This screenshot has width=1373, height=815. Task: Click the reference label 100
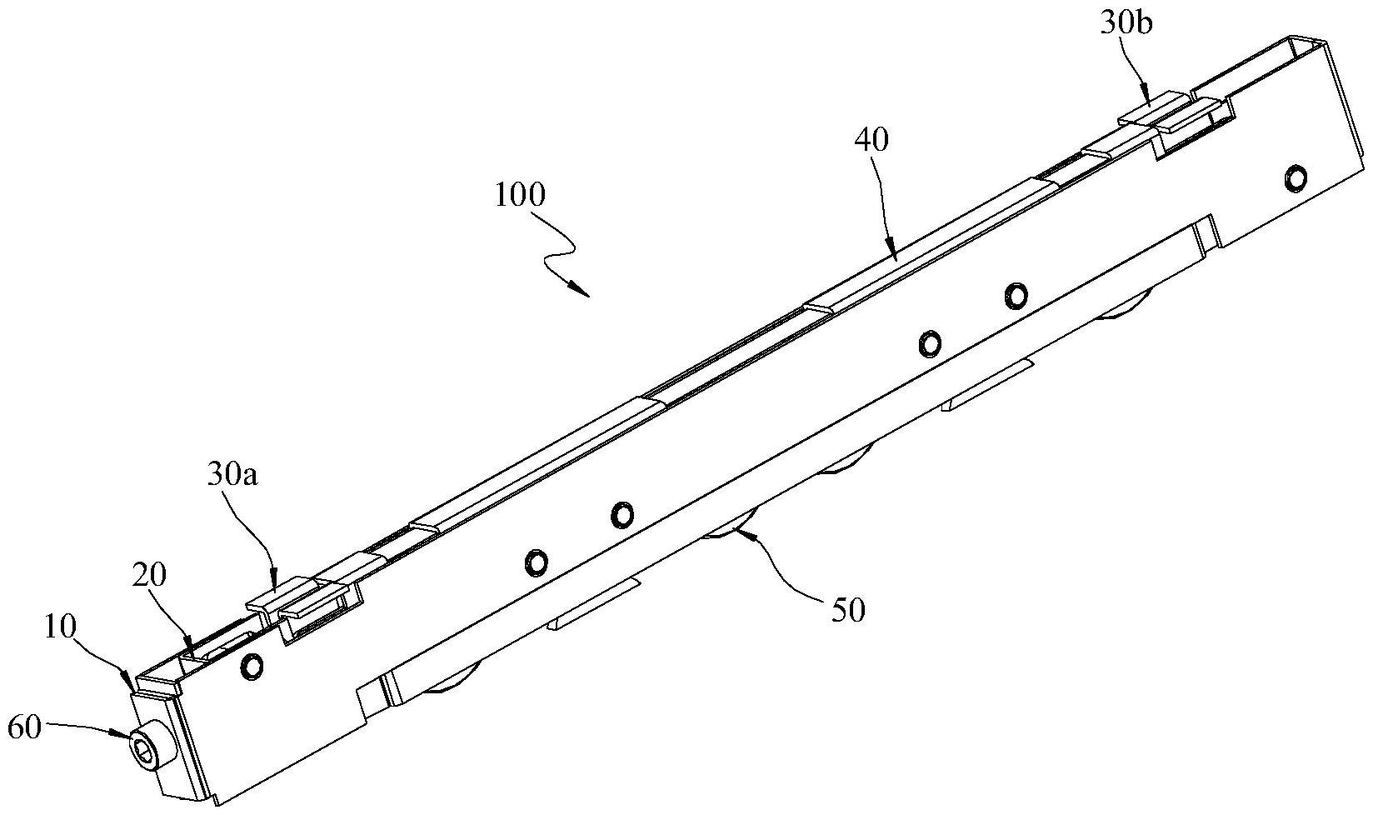[x=520, y=196]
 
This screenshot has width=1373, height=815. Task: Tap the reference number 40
[x=871, y=139]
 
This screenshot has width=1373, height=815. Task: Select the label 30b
[x=1126, y=23]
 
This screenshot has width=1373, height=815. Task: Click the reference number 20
[x=149, y=575]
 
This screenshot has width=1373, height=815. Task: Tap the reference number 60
[x=23, y=729]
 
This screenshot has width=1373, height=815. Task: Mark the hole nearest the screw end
[x=251, y=664]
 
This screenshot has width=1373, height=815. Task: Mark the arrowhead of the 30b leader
[x=1151, y=106]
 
